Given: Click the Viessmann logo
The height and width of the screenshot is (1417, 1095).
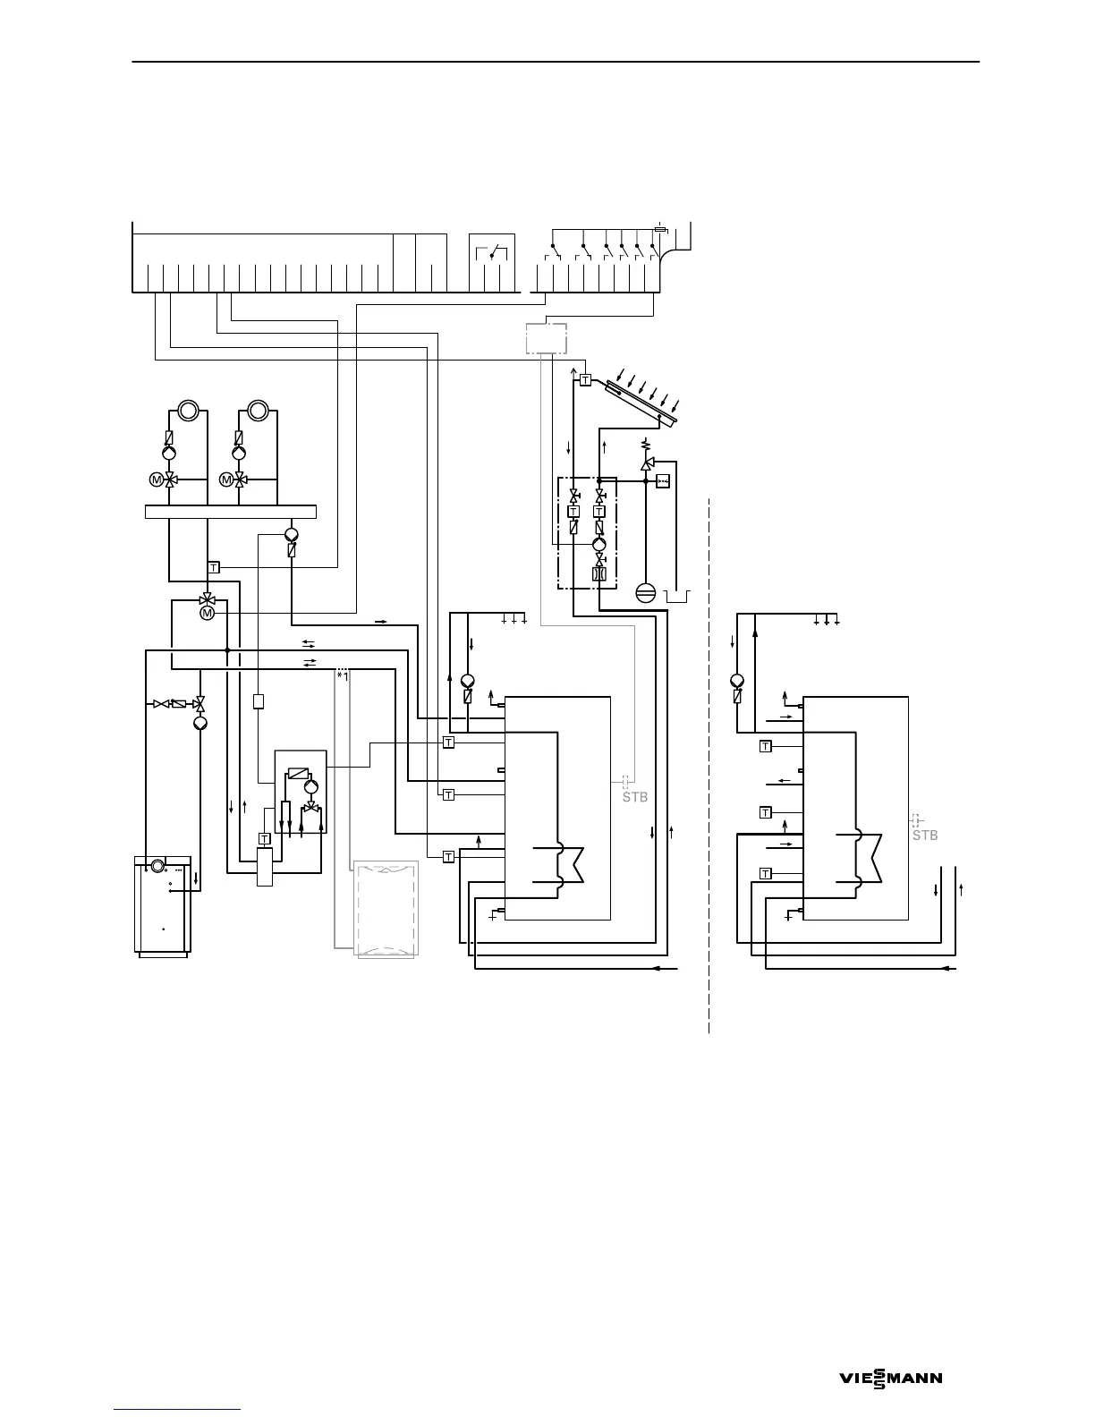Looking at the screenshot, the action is coord(890,1379).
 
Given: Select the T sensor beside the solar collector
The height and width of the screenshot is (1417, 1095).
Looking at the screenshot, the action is coord(585,380).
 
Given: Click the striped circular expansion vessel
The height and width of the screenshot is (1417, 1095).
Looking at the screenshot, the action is coord(645,592).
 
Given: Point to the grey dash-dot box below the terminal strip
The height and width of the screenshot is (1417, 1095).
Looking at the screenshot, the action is coord(546,338).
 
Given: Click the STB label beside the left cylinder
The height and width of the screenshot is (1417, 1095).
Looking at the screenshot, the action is coord(634,798).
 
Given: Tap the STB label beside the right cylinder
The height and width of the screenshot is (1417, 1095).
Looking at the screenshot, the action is coord(924,836).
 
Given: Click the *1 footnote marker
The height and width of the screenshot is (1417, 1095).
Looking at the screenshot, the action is coord(342,676).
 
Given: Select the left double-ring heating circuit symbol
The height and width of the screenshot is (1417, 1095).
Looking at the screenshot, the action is coord(188,411).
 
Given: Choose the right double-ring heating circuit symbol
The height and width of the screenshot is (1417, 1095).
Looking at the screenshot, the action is coord(258,411).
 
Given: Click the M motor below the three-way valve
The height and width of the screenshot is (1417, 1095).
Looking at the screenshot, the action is coord(208,613).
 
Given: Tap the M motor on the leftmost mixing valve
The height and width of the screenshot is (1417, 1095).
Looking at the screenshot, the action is coord(156,479).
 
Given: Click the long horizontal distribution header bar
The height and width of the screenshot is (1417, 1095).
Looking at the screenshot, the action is coord(231,512).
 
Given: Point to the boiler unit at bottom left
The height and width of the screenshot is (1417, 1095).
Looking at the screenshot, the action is coord(162,906).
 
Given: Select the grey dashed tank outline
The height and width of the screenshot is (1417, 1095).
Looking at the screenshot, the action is coord(386,909).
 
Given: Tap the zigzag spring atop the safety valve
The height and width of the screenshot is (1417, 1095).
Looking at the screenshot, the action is coord(646,444).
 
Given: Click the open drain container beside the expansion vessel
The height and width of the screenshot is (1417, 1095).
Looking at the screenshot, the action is coord(678,595).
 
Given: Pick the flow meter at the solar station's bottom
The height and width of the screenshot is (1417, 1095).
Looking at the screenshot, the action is coord(599,574).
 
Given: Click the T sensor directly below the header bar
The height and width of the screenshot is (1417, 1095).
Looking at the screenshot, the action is coord(214,567).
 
